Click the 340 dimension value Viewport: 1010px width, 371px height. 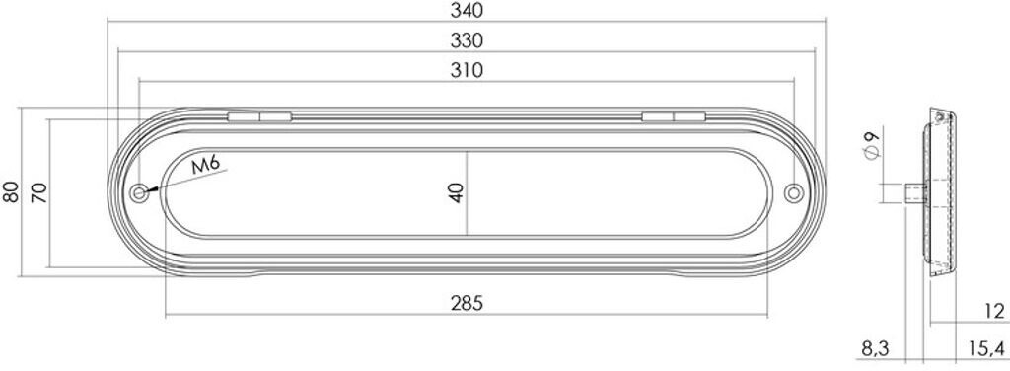467,10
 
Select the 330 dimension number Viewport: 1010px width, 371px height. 467,40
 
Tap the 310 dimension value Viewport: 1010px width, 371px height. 467,70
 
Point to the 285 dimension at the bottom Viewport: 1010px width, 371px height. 467,303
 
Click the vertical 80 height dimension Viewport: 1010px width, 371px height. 11,192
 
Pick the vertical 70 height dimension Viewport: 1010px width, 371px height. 39,192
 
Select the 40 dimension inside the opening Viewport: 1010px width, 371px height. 456,192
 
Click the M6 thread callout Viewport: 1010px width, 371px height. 207,165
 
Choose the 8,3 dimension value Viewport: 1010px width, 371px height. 876,349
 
